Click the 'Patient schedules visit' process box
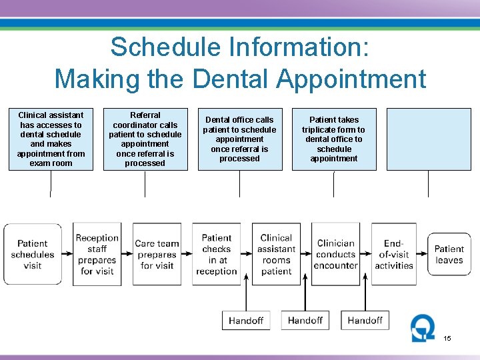[x=33, y=254]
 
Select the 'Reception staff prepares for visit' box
[x=97, y=254]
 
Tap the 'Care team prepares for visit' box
[x=157, y=254]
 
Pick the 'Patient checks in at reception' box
[x=217, y=254]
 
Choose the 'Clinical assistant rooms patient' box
[x=276, y=254]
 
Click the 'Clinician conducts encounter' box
[x=335, y=254]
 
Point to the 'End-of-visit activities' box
[x=393, y=254]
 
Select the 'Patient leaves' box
[x=449, y=254]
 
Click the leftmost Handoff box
[x=246, y=321]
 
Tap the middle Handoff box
[x=305, y=321]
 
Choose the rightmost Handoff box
[x=365, y=321]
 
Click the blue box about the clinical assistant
[x=51, y=139]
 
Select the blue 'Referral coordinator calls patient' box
[x=145, y=139]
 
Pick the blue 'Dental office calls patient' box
[x=239, y=139]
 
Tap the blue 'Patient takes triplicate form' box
[x=334, y=139]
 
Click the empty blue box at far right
[x=429, y=139]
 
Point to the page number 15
[x=447, y=339]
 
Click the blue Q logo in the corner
[x=421, y=328]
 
